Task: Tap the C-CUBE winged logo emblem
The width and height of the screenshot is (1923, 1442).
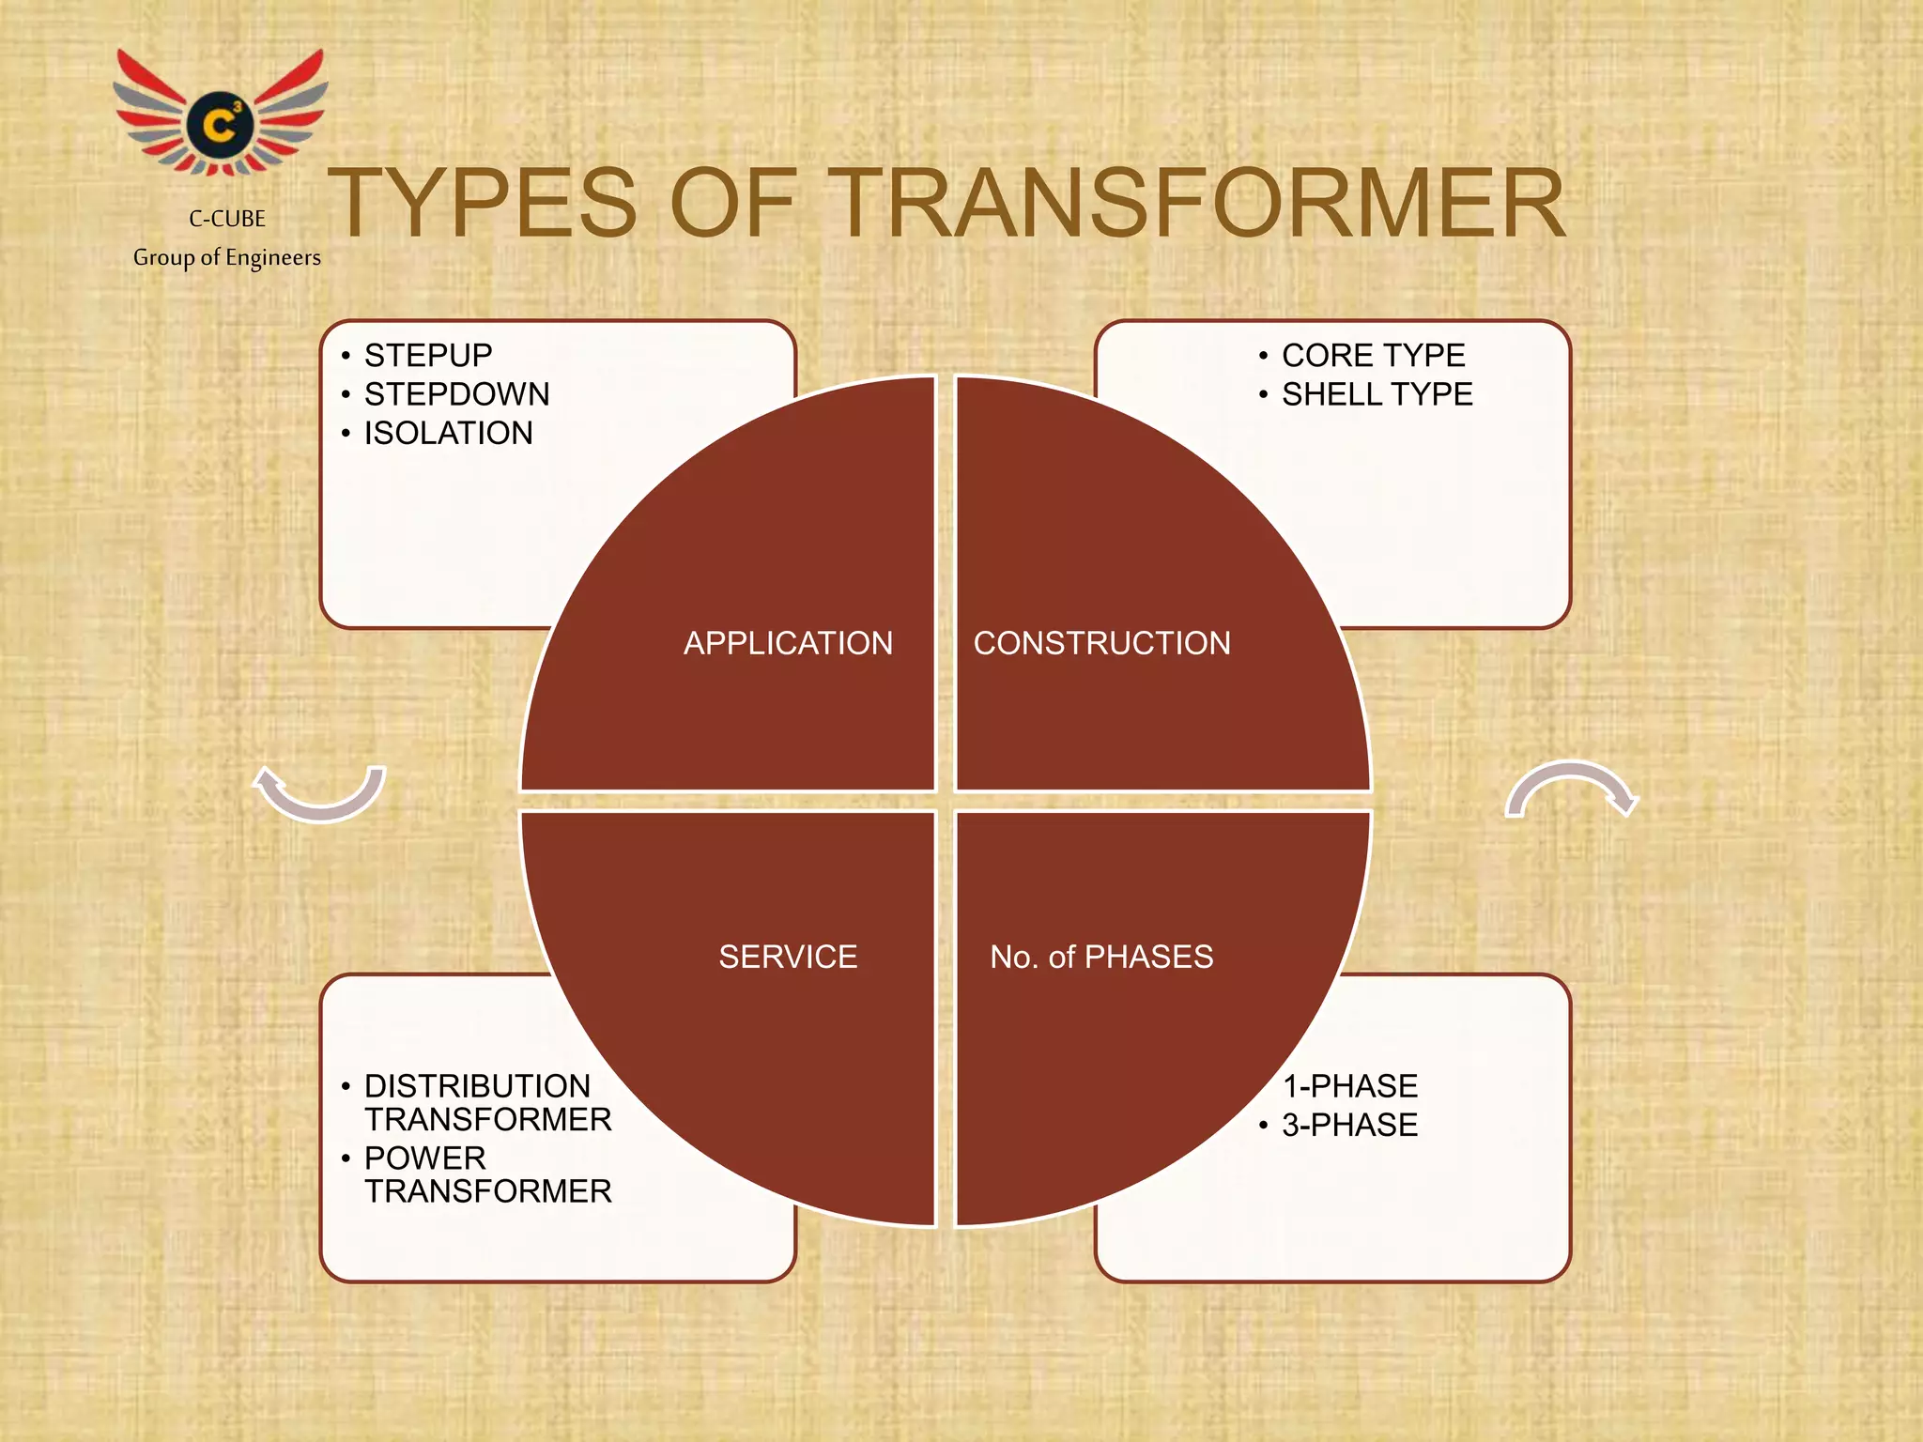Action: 221,115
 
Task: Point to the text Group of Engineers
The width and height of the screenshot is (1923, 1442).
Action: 227,257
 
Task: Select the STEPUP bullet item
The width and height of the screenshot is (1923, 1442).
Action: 428,356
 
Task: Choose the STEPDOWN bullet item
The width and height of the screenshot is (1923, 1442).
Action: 456,394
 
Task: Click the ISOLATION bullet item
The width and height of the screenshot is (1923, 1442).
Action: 448,433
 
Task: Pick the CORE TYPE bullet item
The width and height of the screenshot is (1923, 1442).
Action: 1373,356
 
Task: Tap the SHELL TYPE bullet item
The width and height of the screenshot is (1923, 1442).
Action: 1377,394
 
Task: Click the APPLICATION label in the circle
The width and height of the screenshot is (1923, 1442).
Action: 788,643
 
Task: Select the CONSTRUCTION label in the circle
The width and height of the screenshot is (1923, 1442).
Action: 1101,643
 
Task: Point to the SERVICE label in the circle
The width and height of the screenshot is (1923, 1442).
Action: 788,957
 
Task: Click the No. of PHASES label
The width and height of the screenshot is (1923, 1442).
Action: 1101,957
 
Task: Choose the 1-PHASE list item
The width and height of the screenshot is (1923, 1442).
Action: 1349,1086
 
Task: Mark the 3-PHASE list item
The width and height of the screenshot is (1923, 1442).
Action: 1349,1125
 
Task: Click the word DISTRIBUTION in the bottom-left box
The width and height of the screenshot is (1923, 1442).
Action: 477,1086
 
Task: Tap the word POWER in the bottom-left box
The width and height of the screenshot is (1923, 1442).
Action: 424,1158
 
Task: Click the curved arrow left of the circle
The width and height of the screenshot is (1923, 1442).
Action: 320,792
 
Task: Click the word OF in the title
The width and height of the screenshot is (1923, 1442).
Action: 732,204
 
